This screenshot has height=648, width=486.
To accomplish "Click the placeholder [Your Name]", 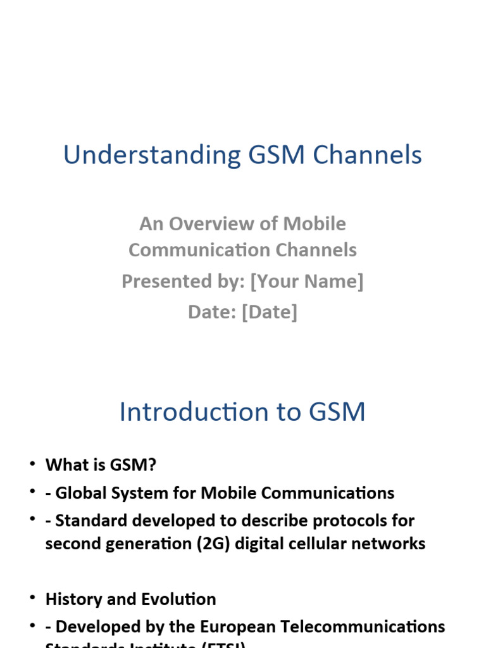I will pyautogui.click(x=307, y=281).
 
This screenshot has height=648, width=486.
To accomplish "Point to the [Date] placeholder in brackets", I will pyautogui.click(x=269, y=312).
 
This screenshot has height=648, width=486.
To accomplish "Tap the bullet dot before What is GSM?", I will pyautogui.click(x=32, y=464).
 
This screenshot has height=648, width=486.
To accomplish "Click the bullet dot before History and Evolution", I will pyautogui.click(x=32, y=599).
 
